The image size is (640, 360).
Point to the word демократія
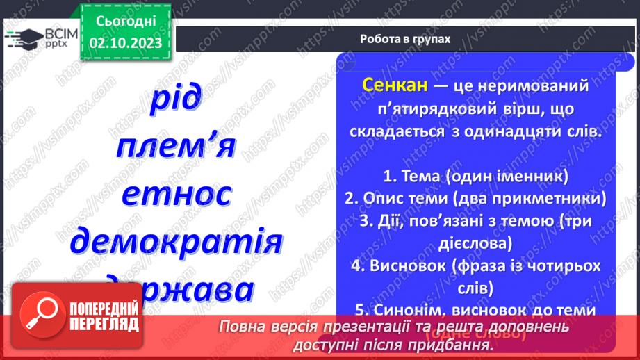(x=177, y=241)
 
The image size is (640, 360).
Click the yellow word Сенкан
(x=393, y=85)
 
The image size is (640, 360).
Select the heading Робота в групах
(x=405, y=39)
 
